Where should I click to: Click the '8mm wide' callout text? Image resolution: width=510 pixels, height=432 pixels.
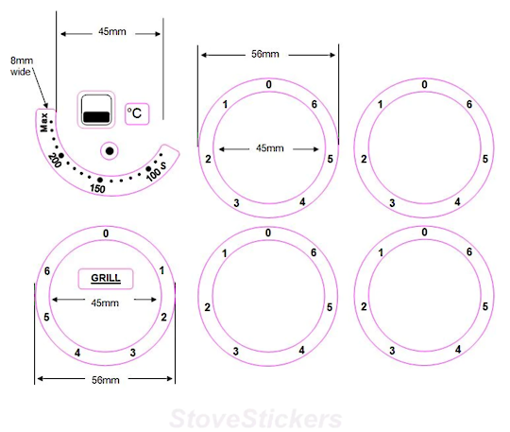pyautogui.click(x=21, y=64)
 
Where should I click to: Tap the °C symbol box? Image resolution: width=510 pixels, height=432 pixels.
pyautogui.click(x=136, y=113)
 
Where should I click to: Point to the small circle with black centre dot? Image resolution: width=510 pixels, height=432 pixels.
pyautogui.click(x=110, y=150)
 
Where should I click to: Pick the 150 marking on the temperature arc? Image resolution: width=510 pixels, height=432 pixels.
pyautogui.click(x=96, y=188)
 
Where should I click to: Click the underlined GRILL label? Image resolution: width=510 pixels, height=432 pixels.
pyautogui.click(x=106, y=279)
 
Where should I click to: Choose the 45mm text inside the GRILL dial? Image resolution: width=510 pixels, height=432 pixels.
pyautogui.click(x=105, y=302)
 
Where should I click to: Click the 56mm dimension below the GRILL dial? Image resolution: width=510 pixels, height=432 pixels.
pyautogui.click(x=104, y=380)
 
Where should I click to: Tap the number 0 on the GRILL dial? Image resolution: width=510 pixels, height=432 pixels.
pyautogui.click(x=105, y=233)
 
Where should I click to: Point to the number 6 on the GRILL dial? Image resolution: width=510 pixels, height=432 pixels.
pyautogui.click(x=46, y=271)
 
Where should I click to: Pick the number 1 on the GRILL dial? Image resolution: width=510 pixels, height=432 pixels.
pyautogui.click(x=162, y=271)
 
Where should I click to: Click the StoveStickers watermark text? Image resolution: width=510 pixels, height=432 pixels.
pyautogui.click(x=254, y=417)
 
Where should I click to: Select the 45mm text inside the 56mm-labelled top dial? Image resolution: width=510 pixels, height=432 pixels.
pyautogui.click(x=268, y=148)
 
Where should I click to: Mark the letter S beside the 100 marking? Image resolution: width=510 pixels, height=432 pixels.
pyautogui.click(x=163, y=166)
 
